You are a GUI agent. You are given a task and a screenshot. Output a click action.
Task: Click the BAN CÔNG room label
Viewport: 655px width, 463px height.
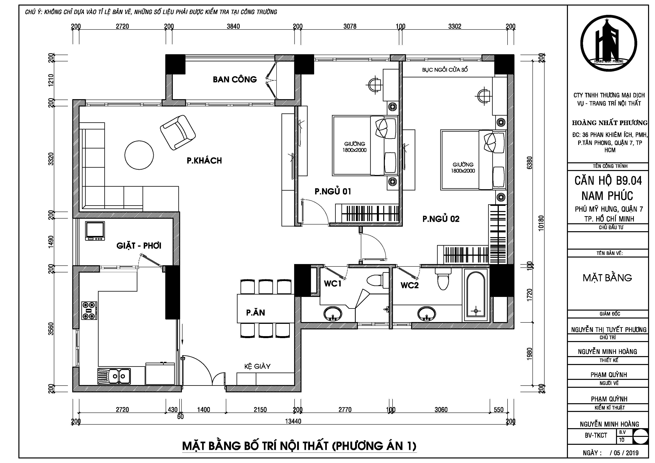click(235, 79)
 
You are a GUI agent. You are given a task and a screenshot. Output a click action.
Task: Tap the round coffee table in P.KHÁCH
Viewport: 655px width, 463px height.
click(139, 155)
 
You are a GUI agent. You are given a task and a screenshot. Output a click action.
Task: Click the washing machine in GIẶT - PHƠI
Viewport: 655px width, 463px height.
click(95, 231)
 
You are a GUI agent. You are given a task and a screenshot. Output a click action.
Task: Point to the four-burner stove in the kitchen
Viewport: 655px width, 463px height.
click(89, 311)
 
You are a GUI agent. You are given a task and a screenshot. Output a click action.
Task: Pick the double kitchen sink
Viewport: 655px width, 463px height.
click(114, 376)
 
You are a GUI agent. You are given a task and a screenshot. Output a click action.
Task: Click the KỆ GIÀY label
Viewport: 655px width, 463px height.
click(257, 366)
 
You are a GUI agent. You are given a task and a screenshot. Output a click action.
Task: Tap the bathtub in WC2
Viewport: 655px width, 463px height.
click(475, 295)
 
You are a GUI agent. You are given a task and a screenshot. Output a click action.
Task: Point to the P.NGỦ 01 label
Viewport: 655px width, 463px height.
click(333, 191)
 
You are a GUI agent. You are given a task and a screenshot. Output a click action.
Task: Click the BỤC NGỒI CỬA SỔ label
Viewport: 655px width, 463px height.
click(445, 70)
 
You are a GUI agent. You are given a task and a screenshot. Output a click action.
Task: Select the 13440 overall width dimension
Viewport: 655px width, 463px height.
click(293, 421)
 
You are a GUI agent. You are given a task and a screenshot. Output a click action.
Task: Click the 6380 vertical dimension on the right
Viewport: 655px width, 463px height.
click(530, 163)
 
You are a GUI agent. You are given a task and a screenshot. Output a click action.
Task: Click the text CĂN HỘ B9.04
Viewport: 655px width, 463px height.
click(608, 181)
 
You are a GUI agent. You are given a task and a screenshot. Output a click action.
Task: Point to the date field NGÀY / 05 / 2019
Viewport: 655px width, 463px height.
click(610, 453)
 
